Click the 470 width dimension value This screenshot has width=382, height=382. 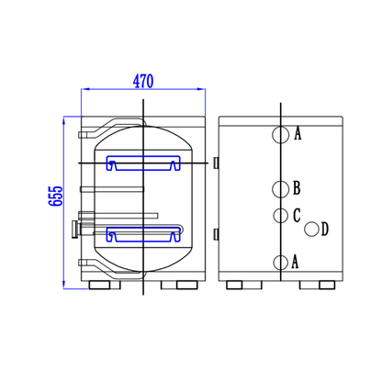pos(143,81)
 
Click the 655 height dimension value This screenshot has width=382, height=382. pos(55,196)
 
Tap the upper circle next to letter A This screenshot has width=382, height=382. pos(280,134)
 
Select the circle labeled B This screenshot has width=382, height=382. pos(280,189)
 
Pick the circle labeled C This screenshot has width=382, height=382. pos(280,216)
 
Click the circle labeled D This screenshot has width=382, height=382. pos(311,229)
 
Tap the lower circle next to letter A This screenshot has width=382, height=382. pos(280,263)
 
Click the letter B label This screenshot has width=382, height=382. pos(297,188)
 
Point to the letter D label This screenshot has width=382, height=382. pos(325,229)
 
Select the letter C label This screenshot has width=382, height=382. pos(297,216)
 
